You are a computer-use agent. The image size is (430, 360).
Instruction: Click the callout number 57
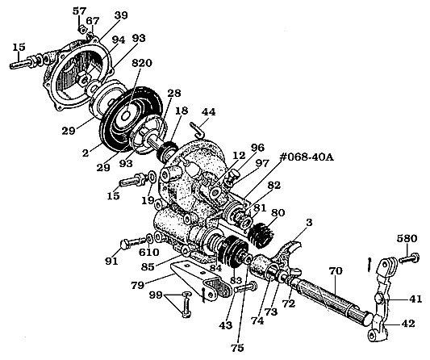pos(80,11)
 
